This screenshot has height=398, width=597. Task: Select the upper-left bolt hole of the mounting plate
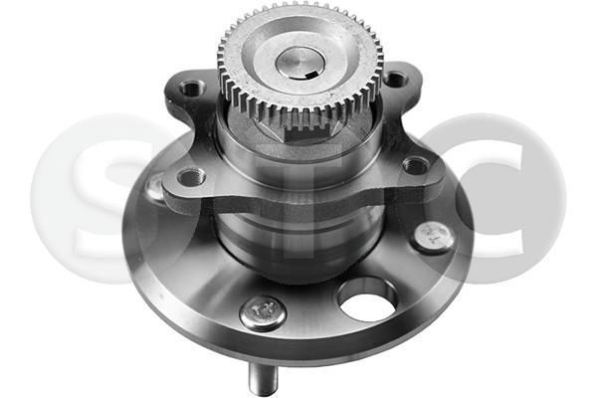(x=191, y=89)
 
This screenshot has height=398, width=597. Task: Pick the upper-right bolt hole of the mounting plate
(x=395, y=79)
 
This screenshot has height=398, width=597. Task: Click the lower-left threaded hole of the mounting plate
(x=190, y=177)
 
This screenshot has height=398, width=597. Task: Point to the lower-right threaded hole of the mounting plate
(x=416, y=165)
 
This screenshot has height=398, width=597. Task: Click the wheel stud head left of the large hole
(x=264, y=312)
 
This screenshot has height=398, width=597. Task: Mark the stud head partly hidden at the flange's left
(x=154, y=186)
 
